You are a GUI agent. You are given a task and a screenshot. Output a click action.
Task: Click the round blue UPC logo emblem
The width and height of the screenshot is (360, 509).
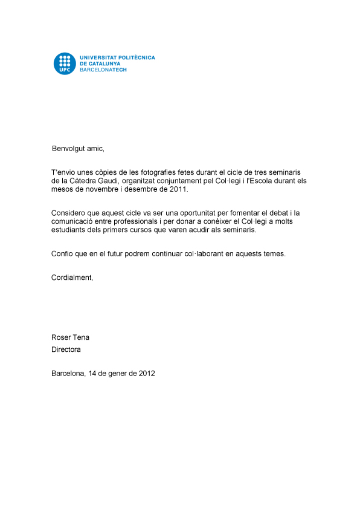tap(65, 63)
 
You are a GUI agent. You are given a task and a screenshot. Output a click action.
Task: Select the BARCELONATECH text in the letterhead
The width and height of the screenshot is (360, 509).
tap(103, 70)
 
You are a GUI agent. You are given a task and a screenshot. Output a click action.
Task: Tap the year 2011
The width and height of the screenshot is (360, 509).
tap(178, 189)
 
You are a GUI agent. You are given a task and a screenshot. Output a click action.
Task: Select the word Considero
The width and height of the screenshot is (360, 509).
tap(69, 213)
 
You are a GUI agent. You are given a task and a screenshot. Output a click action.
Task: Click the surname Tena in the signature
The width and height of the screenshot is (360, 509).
tap(81, 337)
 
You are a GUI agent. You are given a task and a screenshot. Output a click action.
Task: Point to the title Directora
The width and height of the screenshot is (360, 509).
tap(66, 349)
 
